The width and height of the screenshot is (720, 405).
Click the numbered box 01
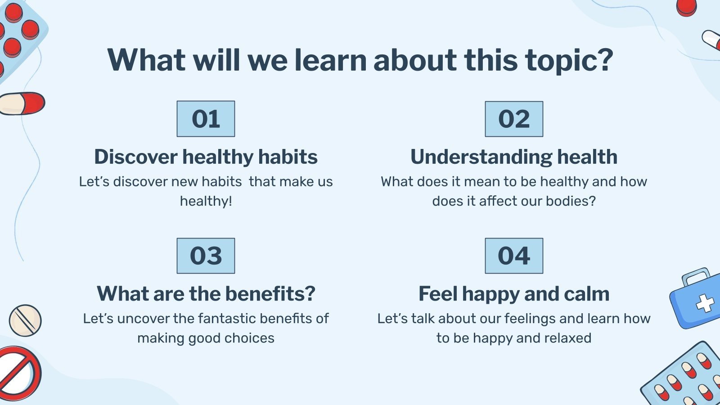point(206,119)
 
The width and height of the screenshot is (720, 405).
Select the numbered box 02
point(514,119)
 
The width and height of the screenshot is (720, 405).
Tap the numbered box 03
point(206,256)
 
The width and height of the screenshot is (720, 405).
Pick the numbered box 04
point(514,256)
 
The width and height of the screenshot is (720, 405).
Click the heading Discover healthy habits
point(206,157)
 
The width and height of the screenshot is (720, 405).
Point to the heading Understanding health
point(514,157)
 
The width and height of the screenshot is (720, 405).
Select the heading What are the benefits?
point(206,293)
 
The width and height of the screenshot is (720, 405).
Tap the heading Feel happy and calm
point(514,294)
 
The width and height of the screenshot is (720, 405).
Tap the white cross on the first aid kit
point(705,303)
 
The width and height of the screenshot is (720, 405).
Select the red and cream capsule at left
point(22,103)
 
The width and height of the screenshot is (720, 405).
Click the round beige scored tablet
point(25,320)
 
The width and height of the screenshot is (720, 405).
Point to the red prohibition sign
point(18,373)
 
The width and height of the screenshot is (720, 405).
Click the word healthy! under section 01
point(206,201)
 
